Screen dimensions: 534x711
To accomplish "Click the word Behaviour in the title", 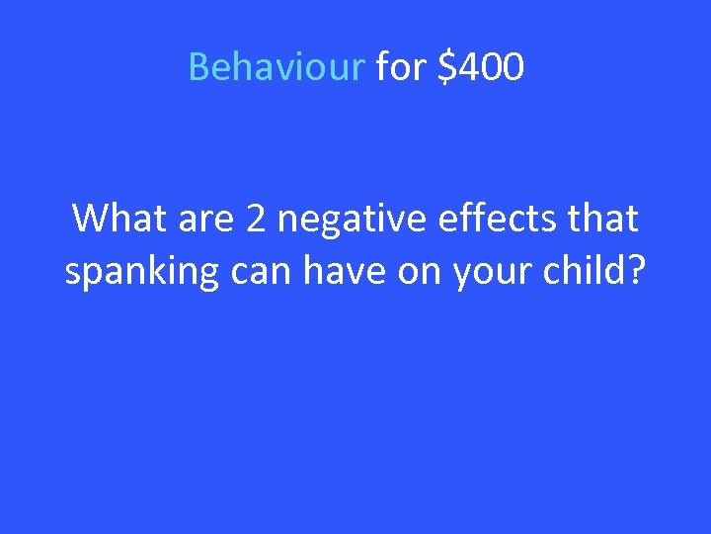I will coord(276,67).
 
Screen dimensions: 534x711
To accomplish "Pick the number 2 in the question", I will coord(256,218).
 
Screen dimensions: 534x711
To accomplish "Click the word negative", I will coord(347,220).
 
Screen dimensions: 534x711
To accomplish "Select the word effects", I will coord(490,218).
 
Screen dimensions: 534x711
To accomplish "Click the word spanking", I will coord(141,272).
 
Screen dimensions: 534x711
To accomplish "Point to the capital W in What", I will coord(90,218).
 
